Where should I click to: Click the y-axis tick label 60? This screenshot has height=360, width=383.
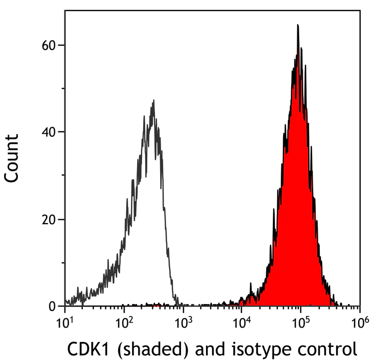coord(48,45)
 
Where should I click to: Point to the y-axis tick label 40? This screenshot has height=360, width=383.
coord(48,132)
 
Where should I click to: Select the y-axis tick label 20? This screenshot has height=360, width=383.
coord(48,220)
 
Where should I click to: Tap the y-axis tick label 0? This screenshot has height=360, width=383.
coord(52,306)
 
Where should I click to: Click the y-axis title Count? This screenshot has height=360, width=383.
coord(12,157)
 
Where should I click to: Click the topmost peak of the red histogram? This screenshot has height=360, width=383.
coord(298,25)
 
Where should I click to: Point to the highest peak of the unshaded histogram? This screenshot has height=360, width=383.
coord(154,100)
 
